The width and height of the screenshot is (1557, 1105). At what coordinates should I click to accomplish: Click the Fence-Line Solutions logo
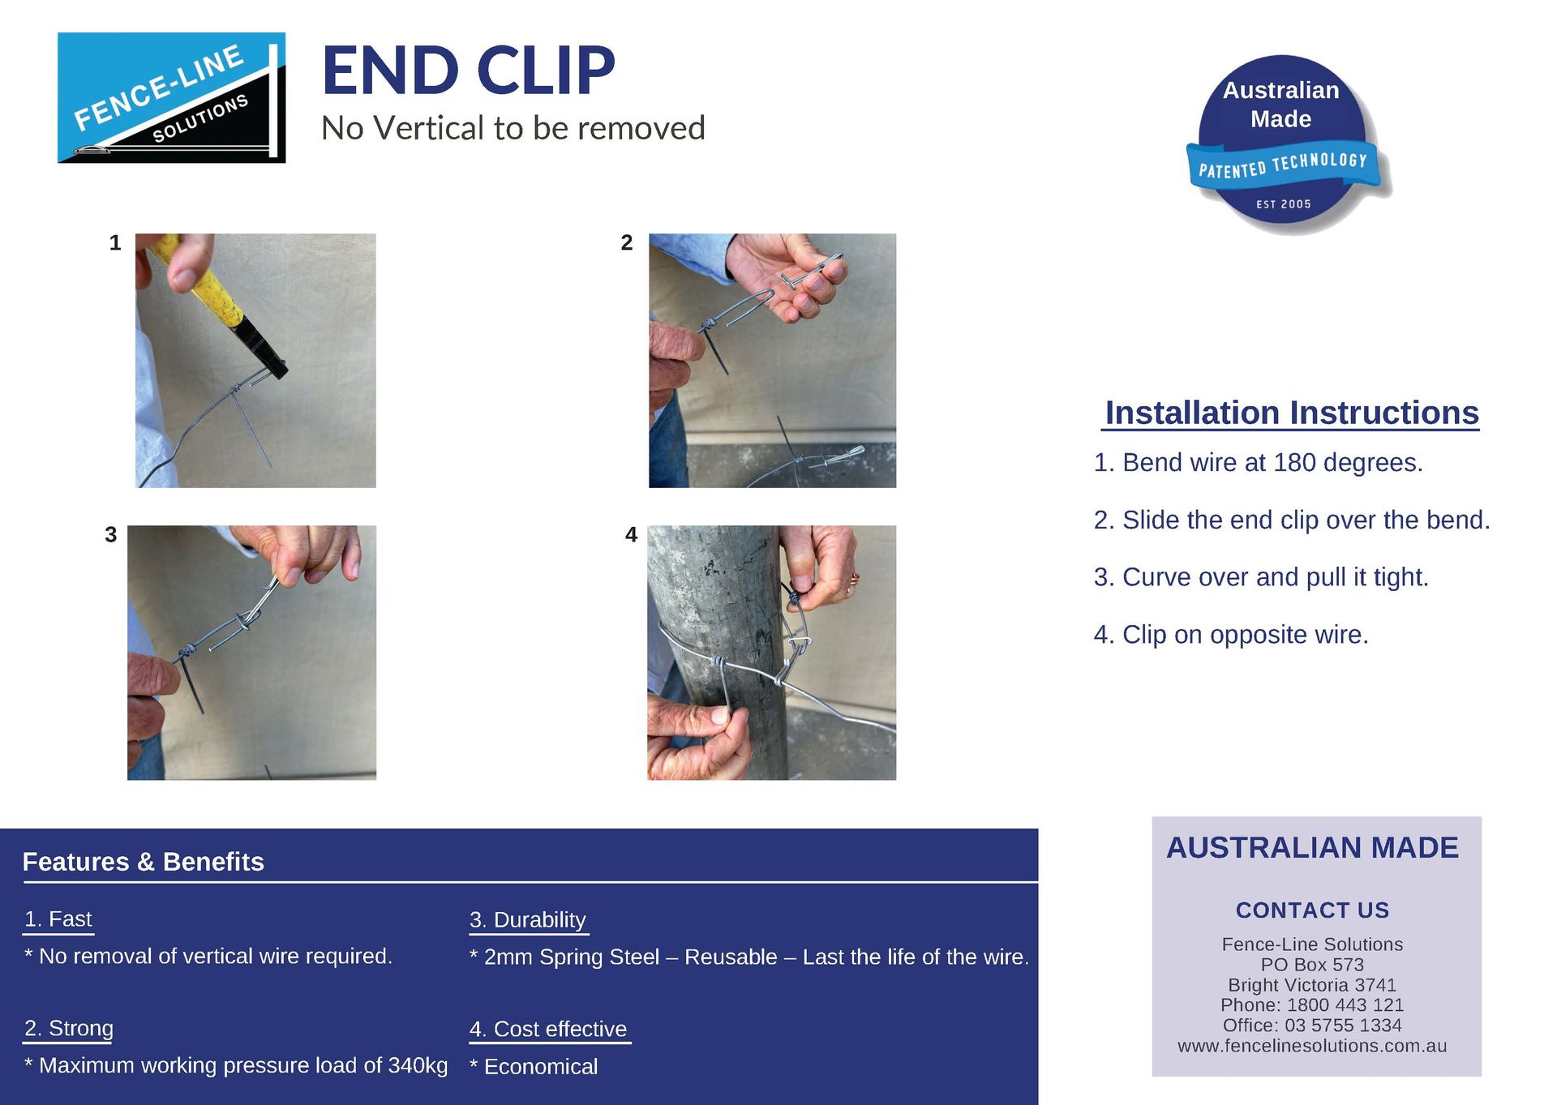pyautogui.click(x=171, y=97)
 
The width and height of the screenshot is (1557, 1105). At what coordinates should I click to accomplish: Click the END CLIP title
pyautogui.click(x=469, y=71)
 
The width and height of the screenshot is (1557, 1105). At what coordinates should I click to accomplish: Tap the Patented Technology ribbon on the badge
pyautogui.click(x=1283, y=165)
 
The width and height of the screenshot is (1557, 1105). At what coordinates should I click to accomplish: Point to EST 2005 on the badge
pyautogui.click(x=1283, y=204)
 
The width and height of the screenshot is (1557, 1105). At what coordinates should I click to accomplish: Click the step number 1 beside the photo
pyautogui.click(x=115, y=242)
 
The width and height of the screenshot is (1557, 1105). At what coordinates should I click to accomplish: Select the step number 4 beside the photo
pyautogui.click(x=631, y=534)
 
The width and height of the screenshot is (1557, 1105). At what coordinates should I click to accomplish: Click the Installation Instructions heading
pyautogui.click(x=1291, y=413)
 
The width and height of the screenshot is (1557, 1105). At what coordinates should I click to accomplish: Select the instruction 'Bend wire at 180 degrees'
pyautogui.click(x=1272, y=462)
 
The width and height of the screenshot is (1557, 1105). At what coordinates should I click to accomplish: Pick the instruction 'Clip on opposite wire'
pyautogui.click(x=1245, y=634)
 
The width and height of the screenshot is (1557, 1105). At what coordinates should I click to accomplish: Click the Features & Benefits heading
pyautogui.click(x=144, y=861)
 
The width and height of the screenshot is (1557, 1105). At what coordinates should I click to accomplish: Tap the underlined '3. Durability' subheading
pyautogui.click(x=528, y=919)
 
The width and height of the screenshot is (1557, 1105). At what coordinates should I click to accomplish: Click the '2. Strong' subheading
pyautogui.click(x=69, y=1028)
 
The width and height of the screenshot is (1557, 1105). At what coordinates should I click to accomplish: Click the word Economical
pyautogui.click(x=540, y=1066)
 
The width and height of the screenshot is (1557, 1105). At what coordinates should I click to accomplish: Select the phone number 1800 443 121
pyautogui.click(x=1345, y=1004)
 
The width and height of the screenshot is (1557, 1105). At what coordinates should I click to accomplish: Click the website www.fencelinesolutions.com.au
pyautogui.click(x=1311, y=1046)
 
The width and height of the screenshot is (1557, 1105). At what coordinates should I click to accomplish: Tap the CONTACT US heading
pyautogui.click(x=1311, y=910)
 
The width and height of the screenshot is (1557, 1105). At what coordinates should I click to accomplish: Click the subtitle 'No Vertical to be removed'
pyautogui.click(x=513, y=128)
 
